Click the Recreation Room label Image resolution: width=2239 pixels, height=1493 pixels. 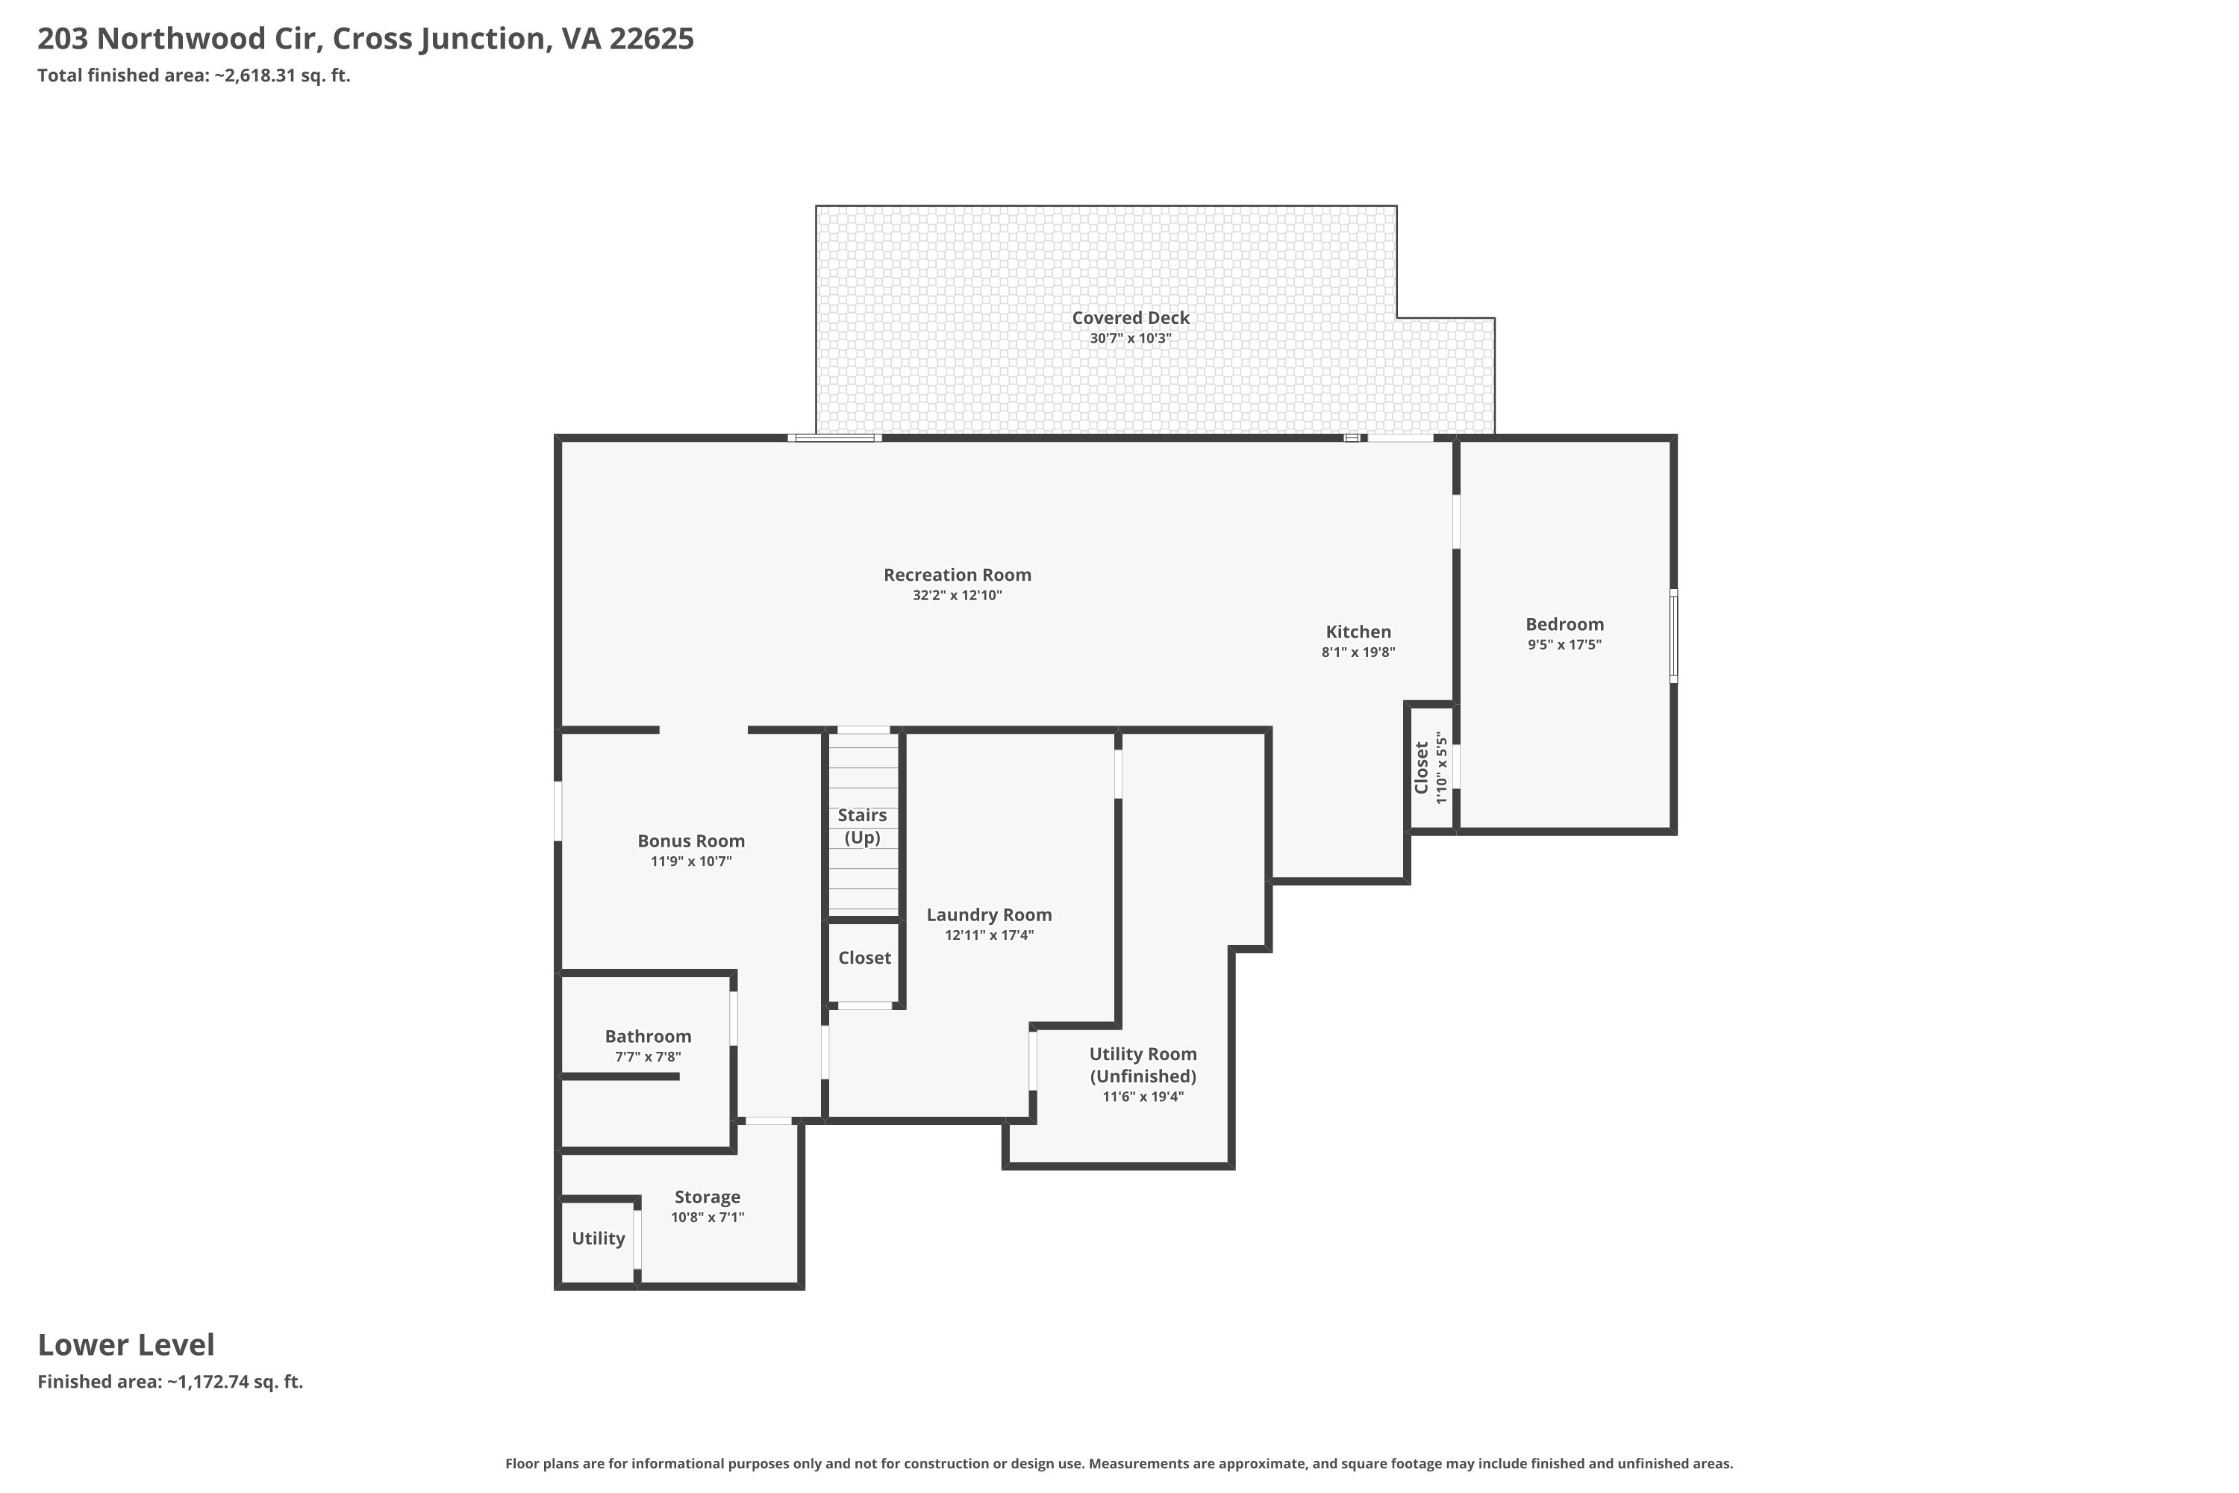click(957, 575)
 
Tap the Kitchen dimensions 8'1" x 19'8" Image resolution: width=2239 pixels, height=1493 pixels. click(1358, 652)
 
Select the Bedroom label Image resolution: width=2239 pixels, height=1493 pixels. click(1564, 625)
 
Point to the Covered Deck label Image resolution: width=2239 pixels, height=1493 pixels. click(1131, 318)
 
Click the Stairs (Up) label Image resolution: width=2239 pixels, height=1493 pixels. click(863, 826)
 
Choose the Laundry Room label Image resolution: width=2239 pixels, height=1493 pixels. click(989, 915)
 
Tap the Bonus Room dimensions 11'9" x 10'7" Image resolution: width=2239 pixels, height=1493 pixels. click(691, 861)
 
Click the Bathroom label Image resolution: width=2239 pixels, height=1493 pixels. click(649, 1037)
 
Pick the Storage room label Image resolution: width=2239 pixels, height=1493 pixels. click(708, 1198)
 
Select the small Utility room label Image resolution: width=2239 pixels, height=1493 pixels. click(599, 1238)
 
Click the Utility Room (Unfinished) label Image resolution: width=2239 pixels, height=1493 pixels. click(1143, 1065)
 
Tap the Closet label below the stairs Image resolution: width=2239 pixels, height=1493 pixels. click(864, 958)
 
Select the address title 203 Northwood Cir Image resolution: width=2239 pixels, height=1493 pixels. click(366, 39)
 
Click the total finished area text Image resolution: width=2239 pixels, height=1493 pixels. click(194, 76)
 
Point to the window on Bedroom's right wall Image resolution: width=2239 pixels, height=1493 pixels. click(1673, 635)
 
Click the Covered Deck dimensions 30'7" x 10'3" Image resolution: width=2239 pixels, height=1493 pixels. click(1131, 339)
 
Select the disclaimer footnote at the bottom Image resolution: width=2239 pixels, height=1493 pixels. click(1119, 1463)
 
